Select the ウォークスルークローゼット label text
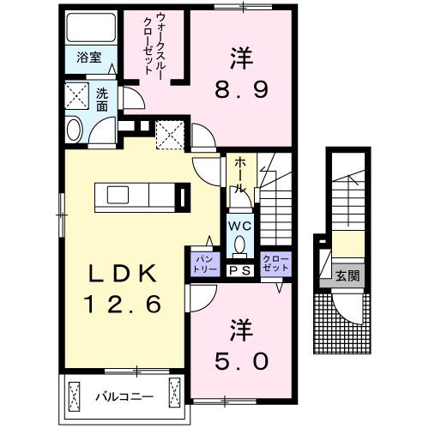[x=158, y=45]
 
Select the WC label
[x=239, y=225]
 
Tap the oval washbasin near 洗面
[x=73, y=130]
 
